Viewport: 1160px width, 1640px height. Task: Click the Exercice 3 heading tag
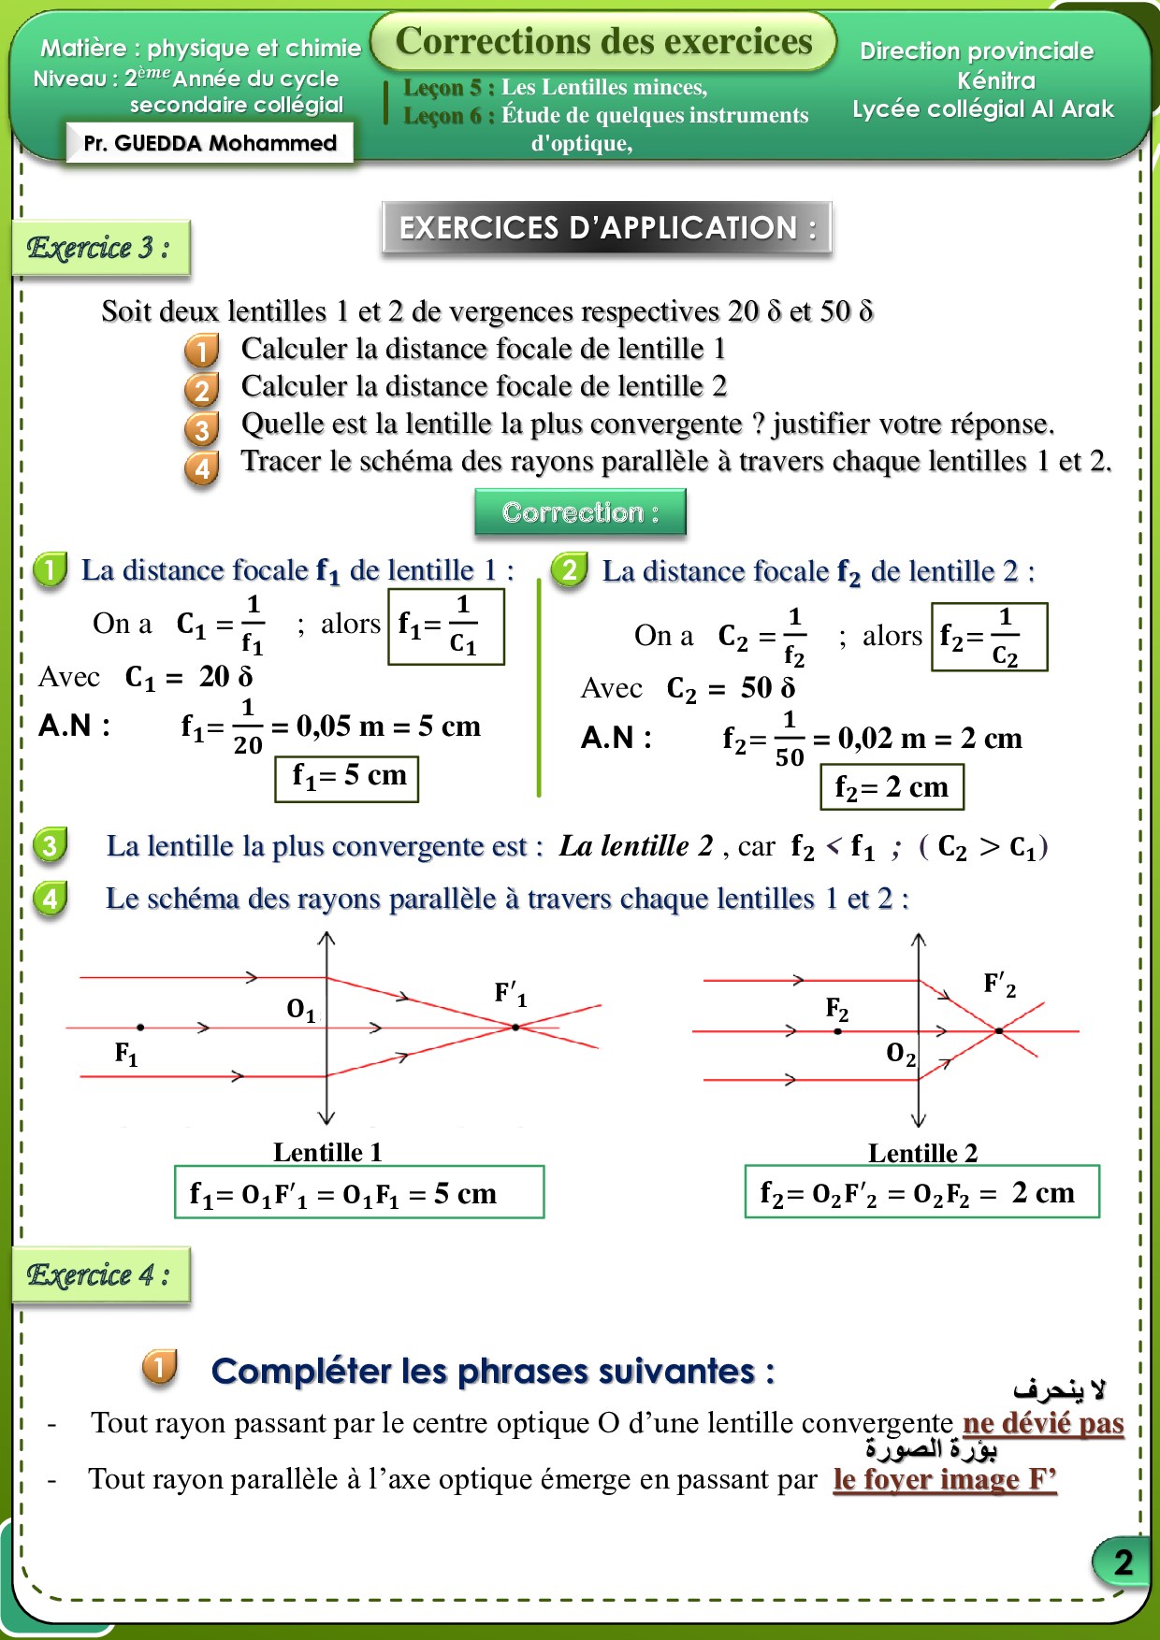tap(100, 248)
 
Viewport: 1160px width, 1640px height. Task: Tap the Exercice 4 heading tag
tap(100, 1274)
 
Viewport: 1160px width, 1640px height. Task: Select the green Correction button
tap(580, 512)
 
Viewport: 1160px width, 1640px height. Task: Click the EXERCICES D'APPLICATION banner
tap(607, 227)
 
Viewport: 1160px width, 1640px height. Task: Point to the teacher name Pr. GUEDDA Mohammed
tap(210, 143)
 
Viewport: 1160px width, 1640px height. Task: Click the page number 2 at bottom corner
tap(1123, 1561)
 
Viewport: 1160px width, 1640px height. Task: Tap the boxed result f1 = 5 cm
tap(347, 777)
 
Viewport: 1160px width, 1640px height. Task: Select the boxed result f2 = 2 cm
tap(892, 787)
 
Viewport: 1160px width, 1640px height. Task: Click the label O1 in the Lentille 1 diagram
tap(301, 1010)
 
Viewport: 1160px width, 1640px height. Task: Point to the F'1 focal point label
tap(510, 993)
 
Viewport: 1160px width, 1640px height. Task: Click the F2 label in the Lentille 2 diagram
tap(836, 1009)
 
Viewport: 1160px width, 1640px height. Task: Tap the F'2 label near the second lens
tap(999, 985)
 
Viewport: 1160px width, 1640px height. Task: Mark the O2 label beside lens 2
tap(900, 1055)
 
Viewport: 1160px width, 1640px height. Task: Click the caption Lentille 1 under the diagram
tap(327, 1152)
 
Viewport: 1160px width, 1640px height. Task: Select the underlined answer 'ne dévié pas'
tap(1043, 1423)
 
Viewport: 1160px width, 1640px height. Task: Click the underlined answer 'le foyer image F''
tap(945, 1479)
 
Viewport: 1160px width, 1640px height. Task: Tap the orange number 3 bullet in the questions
tap(202, 429)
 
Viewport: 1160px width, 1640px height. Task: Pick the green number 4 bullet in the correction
tap(50, 899)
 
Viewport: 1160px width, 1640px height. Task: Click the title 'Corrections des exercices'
tap(603, 41)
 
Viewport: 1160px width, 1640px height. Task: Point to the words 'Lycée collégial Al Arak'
tap(982, 109)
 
